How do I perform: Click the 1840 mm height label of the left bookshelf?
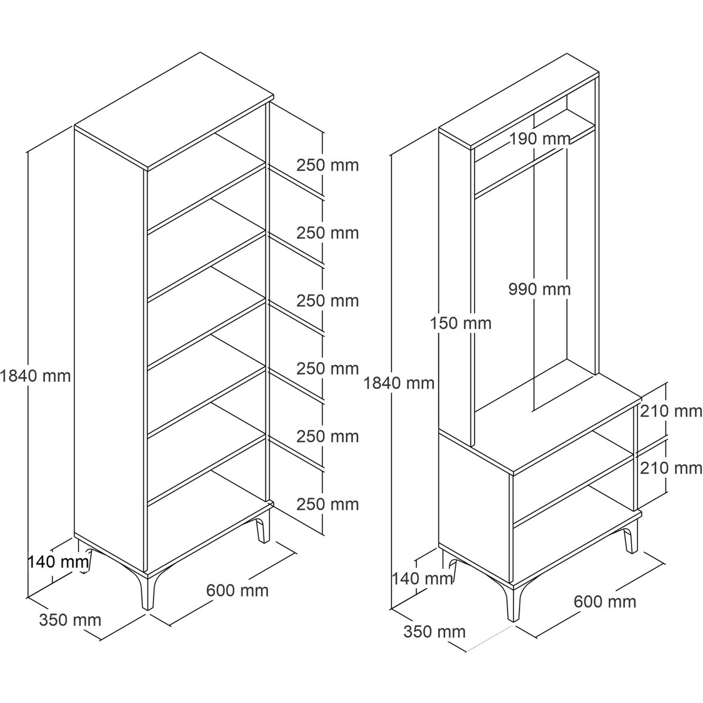coord(35,376)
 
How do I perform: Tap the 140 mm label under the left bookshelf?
coord(59,562)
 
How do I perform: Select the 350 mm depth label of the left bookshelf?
coord(70,620)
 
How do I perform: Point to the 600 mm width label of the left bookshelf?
coord(237,591)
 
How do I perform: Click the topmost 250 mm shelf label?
coord(327,165)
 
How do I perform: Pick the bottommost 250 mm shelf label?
coord(327,504)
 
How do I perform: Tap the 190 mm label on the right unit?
coord(540,139)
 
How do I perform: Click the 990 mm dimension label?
coord(540,289)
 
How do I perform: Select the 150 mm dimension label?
coord(461,323)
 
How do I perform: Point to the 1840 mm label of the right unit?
coord(399,383)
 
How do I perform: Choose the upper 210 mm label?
coord(671,411)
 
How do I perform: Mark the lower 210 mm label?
coord(671,468)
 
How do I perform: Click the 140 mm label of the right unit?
coord(422,579)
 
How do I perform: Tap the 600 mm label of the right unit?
coord(605,602)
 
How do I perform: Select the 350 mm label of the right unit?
coord(435,632)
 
